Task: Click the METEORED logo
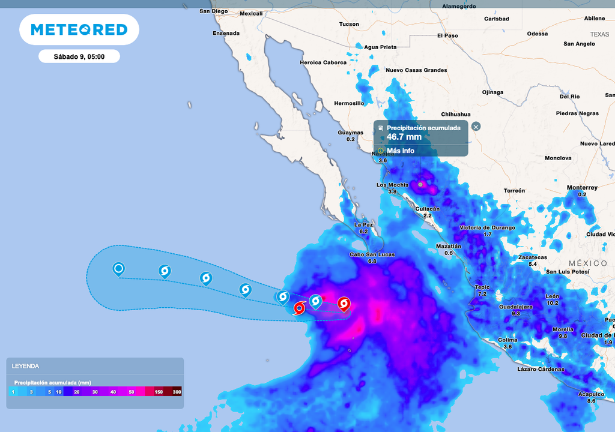pyautogui.click(x=79, y=29)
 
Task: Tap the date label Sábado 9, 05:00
pyautogui.click(x=79, y=56)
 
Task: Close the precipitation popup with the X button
pyautogui.click(x=476, y=127)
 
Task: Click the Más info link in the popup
pyautogui.click(x=401, y=151)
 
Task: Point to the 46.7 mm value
pyautogui.click(x=404, y=137)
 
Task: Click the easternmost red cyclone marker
pyautogui.click(x=344, y=304)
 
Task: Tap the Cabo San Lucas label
pyautogui.click(x=372, y=254)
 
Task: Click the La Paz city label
pyautogui.click(x=364, y=224)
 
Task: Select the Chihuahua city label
pyautogui.click(x=455, y=114)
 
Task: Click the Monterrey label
pyautogui.click(x=582, y=188)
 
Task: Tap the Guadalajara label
pyautogui.click(x=515, y=307)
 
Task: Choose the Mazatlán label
pyautogui.click(x=449, y=246)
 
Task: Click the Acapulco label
pyautogui.click(x=591, y=394)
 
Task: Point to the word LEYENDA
pyautogui.click(x=25, y=365)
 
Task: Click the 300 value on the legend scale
pyautogui.click(x=177, y=392)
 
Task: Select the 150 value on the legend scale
pyautogui.click(x=159, y=392)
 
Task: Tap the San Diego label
pyautogui.click(x=214, y=11)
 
